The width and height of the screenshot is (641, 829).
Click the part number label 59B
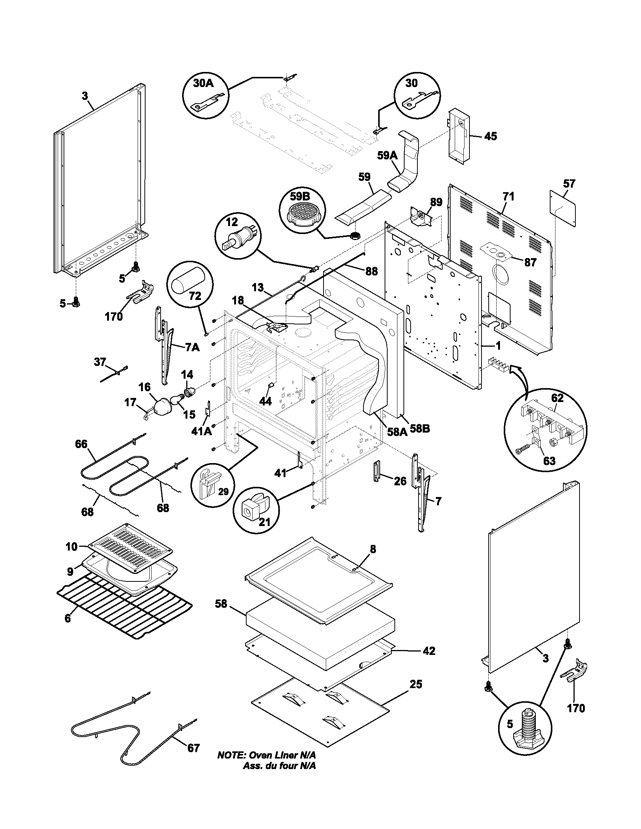pyautogui.click(x=300, y=197)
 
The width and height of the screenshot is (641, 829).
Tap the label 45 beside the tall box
pyautogui.click(x=491, y=136)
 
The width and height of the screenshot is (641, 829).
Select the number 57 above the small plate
pyautogui.click(x=569, y=184)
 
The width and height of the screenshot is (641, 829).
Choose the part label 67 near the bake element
pyautogui.click(x=193, y=748)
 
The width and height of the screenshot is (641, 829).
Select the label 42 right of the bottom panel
pyautogui.click(x=429, y=652)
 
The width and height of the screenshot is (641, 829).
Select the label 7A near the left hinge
pyautogui.click(x=192, y=347)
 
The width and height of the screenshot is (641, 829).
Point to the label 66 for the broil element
pyautogui.click(x=81, y=444)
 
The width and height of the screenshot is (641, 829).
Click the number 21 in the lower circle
pyautogui.click(x=264, y=522)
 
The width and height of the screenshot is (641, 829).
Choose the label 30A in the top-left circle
pyautogui.click(x=204, y=84)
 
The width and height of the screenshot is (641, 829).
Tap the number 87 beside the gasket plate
pyautogui.click(x=530, y=262)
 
